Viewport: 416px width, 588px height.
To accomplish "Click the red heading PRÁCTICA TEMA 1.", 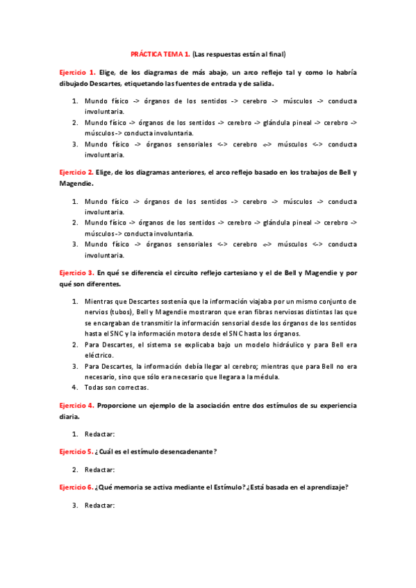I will tap(160, 53).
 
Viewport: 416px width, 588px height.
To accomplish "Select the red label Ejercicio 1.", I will tap(77, 72).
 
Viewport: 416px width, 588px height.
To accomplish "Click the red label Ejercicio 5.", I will tap(76, 451).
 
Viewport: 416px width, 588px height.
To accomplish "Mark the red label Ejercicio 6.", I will tap(76, 487).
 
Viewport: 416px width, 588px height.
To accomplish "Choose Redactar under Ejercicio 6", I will tap(99, 505).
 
